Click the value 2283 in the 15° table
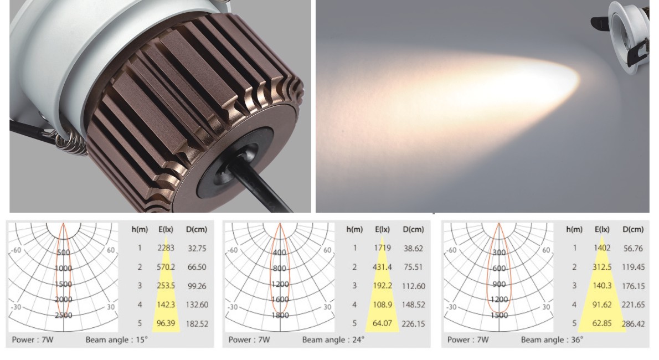[x=166, y=248]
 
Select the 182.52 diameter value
[x=197, y=324]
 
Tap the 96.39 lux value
[x=166, y=323]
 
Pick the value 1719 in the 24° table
[x=383, y=248]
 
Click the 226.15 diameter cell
[x=414, y=324]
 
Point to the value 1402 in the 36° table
[x=602, y=248]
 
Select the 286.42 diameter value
[x=634, y=323]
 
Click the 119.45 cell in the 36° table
[x=633, y=266]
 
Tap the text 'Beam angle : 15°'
[x=117, y=340]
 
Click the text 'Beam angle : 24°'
[x=333, y=340]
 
